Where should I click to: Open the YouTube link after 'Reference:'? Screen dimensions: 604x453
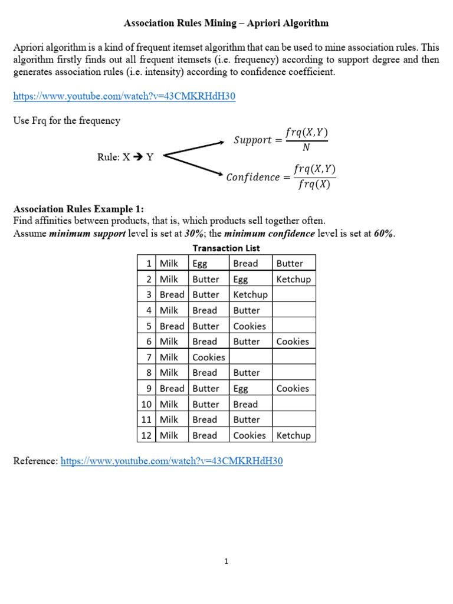(172, 461)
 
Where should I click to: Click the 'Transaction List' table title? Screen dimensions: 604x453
(226, 248)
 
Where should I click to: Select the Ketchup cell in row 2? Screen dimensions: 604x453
(293, 279)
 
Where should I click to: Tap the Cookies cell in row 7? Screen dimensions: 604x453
(208, 357)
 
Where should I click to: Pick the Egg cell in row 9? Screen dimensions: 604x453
(241, 388)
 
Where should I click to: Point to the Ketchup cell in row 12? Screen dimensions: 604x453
(293, 435)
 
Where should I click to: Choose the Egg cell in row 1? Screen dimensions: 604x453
(200, 264)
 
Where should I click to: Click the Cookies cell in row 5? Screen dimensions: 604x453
(250, 326)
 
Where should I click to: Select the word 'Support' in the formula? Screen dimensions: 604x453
(253, 140)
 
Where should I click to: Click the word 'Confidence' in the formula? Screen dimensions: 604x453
(253, 177)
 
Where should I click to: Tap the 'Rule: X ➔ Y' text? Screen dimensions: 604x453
(125, 157)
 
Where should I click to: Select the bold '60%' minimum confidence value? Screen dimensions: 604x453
(383, 233)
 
